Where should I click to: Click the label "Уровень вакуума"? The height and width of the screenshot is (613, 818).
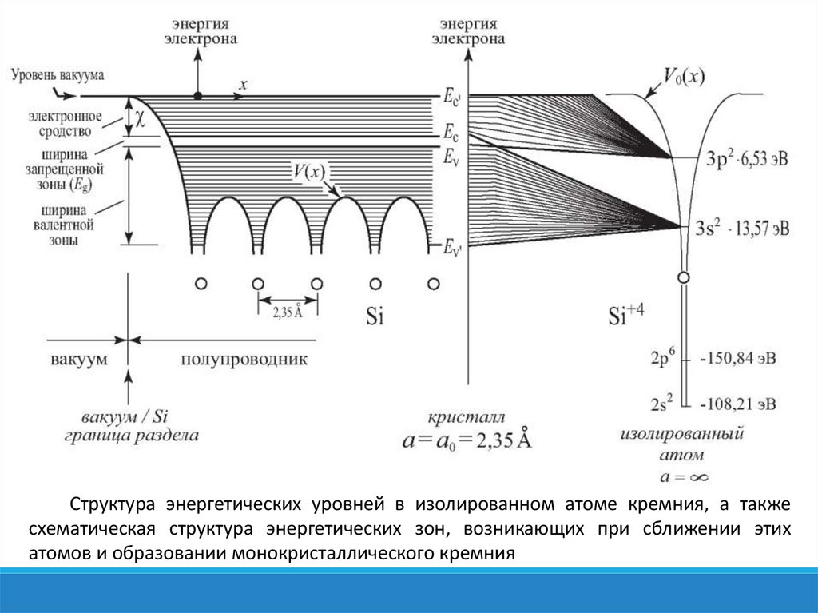58,74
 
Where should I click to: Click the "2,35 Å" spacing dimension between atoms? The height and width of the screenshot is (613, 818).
288,312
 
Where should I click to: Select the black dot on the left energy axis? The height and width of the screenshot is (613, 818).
197,96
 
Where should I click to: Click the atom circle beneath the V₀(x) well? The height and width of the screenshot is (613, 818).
683,277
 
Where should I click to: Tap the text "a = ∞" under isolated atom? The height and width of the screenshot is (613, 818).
683,477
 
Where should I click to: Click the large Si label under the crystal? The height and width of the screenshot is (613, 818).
375,316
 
